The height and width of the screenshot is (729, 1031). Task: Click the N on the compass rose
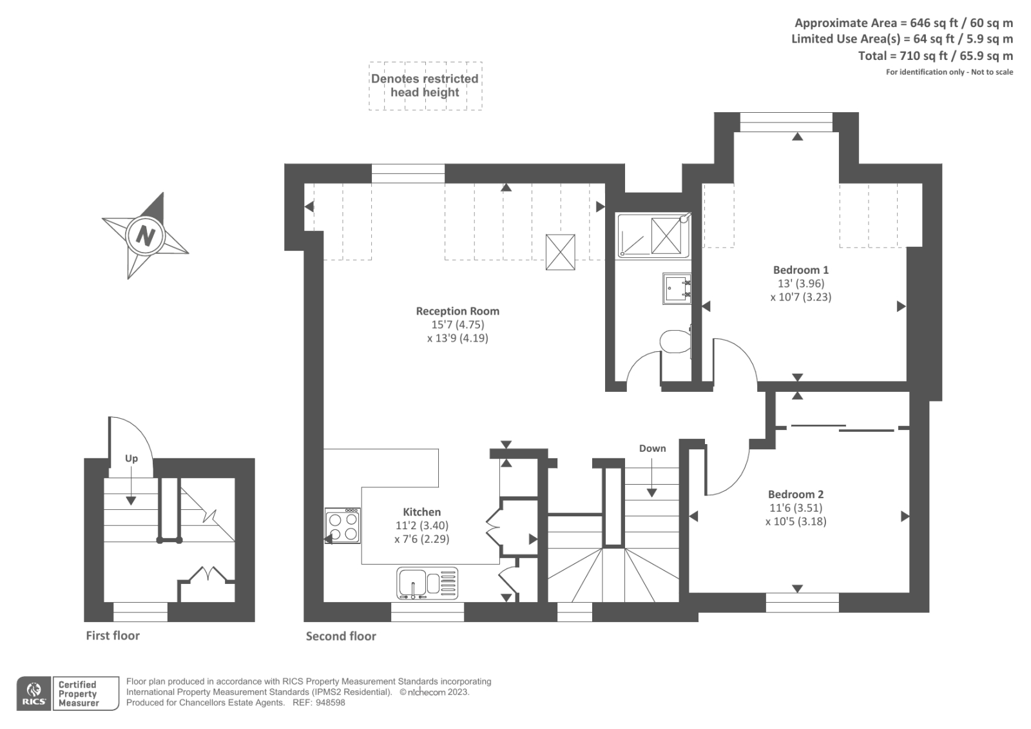coord(145,236)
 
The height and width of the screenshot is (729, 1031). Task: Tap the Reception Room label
coord(458,311)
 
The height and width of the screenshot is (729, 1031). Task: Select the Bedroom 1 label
coord(800,270)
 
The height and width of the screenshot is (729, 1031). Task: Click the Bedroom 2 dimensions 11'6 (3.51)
coord(795,508)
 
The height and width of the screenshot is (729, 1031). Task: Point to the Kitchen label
coord(422,512)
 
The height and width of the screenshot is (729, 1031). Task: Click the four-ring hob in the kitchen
coord(343,525)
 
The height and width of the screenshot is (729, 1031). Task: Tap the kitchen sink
coord(427,583)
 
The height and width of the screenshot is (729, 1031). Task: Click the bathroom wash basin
coord(677,288)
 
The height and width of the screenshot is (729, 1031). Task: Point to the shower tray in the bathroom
coord(652,235)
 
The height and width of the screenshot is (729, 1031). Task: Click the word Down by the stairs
coord(652,448)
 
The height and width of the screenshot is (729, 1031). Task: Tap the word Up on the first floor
coord(131,458)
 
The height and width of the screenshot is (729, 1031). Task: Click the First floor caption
coord(113,636)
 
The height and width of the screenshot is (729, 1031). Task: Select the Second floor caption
coord(341,636)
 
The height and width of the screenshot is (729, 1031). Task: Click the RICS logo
coord(34,694)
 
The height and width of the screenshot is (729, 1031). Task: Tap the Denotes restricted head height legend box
coord(425,86)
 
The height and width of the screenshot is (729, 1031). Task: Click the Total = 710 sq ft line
coord(935,56)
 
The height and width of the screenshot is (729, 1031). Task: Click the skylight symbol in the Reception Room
coord(560,252)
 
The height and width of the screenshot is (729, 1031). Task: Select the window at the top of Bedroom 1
coord(786,121)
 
